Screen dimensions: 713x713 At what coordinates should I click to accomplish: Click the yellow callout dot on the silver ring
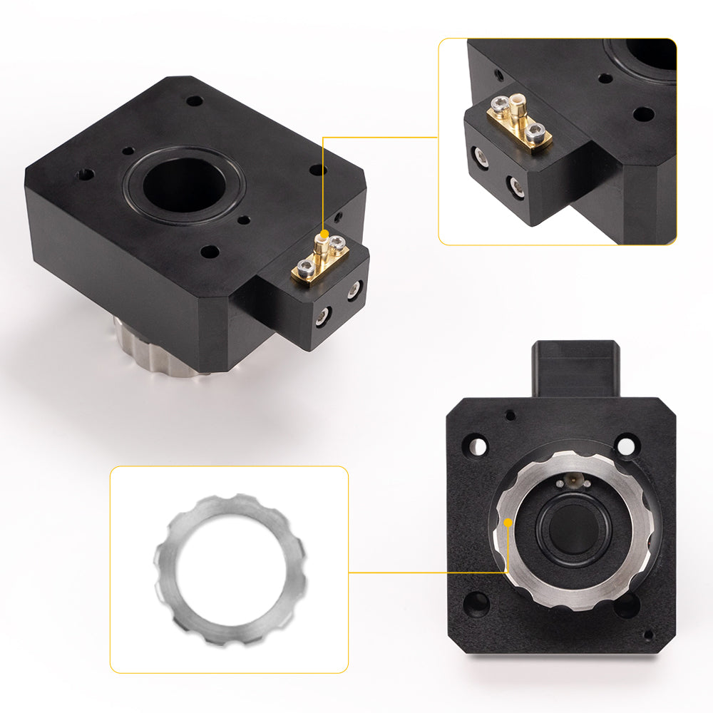pos(508,523)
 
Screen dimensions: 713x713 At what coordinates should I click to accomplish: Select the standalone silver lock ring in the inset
pos(230,569)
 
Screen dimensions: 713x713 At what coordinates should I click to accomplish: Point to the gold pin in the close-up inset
pos(518,114)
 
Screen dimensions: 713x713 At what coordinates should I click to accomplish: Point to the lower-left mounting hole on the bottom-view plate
pos(476,605)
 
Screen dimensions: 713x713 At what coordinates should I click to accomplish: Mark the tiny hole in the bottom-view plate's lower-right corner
pos(647,635)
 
